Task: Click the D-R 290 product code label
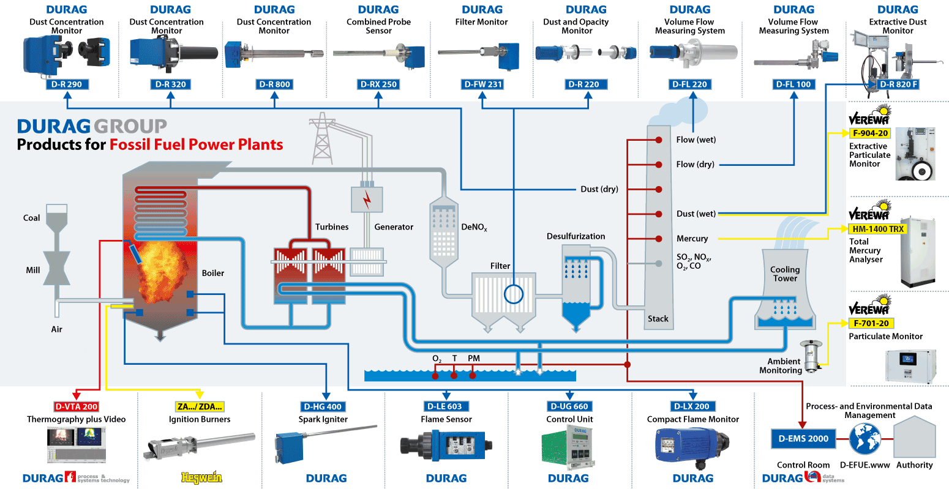(x=67, y=84)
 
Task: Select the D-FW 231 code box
(x=482, y=84)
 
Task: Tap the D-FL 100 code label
(x=793, y=84)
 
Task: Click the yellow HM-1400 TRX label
(x=878, y=229)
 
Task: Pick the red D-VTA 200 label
(x=76, y=406)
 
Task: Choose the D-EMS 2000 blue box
(x=803, y=439)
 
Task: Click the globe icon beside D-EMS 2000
(x=865, y=439)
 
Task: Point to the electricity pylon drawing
(x=322, y=139)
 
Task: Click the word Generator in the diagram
(x=394, y=227)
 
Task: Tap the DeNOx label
(x=474, y=227)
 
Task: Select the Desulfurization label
(x=576, y=236)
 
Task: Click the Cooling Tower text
(x=785, y=274)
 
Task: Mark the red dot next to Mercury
(x=659, y=239)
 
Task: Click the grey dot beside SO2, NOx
(x=659, y=264)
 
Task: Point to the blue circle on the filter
(x=514, y=294)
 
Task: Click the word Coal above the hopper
(x=31, y=218)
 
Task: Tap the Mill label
(x=33, y=270)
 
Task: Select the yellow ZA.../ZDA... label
(x=200, y=406)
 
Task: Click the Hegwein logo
(x=201, y=478)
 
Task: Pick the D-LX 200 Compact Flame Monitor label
(x=693, y=406)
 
